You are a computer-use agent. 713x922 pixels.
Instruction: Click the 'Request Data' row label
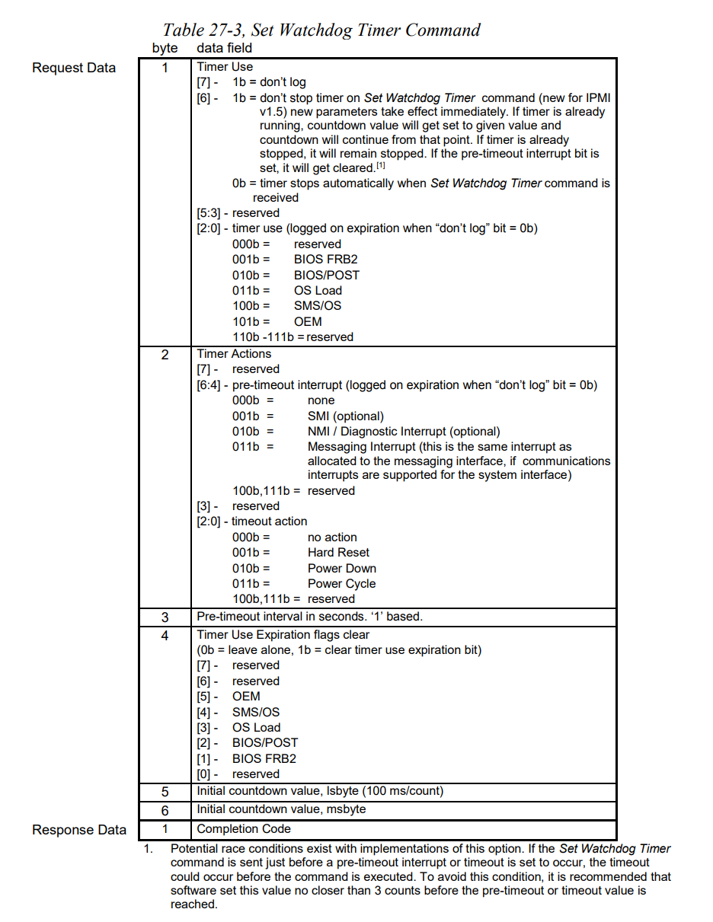[x=74, y=68]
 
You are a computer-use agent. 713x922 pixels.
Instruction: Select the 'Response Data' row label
[x=79, y=830]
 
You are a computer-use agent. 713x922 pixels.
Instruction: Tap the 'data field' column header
[x=224, y=48]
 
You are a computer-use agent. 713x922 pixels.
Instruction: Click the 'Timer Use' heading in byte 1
[x=225, y=66]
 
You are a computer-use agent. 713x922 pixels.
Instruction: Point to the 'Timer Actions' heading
[x=234, y=353]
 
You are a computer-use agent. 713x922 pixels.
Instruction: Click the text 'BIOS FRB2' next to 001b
[x=325, y=260]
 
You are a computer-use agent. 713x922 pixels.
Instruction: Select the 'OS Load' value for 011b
[x=318, y=290]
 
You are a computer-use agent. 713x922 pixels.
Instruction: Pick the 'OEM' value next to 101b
[x=308, y=321]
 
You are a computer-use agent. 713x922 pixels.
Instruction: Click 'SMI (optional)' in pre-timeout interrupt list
[x=346, y=416]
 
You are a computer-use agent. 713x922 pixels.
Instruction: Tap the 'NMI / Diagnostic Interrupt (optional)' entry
[x=404, y=431]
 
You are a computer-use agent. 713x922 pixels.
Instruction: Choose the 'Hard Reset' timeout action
[x=338, y=553]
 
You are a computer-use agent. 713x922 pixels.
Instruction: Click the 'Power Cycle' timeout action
[x=341, y=584]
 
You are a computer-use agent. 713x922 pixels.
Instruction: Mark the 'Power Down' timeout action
[x=341, y=569]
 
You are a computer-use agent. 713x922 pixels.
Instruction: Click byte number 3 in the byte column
[x=165, y=617]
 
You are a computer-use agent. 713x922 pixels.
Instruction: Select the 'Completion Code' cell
[x=244, y=829]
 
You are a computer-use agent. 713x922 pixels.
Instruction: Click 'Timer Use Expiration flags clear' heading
[x=283, y=634]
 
